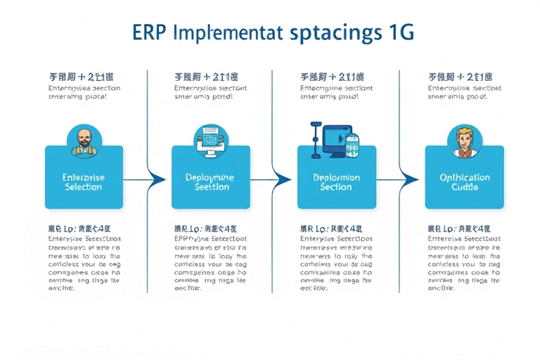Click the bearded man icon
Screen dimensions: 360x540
83,139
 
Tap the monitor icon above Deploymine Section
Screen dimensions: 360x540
210,137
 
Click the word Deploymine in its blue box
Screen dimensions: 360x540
210,178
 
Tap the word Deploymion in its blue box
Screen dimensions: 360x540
336,178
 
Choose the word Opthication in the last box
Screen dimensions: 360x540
464,178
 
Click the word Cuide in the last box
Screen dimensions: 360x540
464,188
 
